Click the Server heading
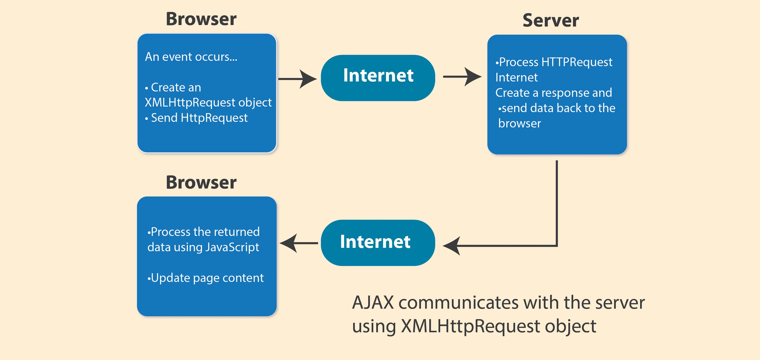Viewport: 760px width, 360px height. click(551, 20)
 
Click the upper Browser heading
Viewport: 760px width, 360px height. click(201, 19)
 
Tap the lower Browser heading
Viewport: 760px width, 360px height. click(201, 182)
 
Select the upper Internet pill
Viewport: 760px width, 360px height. click(378, 78)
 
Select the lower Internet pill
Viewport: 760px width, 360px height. click(378, 243)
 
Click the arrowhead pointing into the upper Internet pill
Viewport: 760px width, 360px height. click(308, 79)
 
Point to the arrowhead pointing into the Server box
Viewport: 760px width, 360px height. click(473, 77)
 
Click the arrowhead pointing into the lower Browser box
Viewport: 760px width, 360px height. click(288, 243)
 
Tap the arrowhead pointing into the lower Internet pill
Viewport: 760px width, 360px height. click(451, 245)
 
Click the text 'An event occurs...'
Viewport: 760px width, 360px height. click(191, 57)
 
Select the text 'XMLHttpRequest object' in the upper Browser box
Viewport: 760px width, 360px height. click(208, 102)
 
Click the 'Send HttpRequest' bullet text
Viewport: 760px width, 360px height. click(199, 118)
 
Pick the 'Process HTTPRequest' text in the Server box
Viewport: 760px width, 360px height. click(555, 62)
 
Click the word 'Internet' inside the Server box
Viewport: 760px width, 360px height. click(517, 77)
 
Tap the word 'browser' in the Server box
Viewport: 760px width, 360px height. click(519, 123)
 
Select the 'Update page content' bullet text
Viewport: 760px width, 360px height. click(207, 278)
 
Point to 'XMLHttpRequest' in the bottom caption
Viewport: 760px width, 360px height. click(471, 326)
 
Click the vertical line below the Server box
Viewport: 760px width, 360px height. click(557, 203)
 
